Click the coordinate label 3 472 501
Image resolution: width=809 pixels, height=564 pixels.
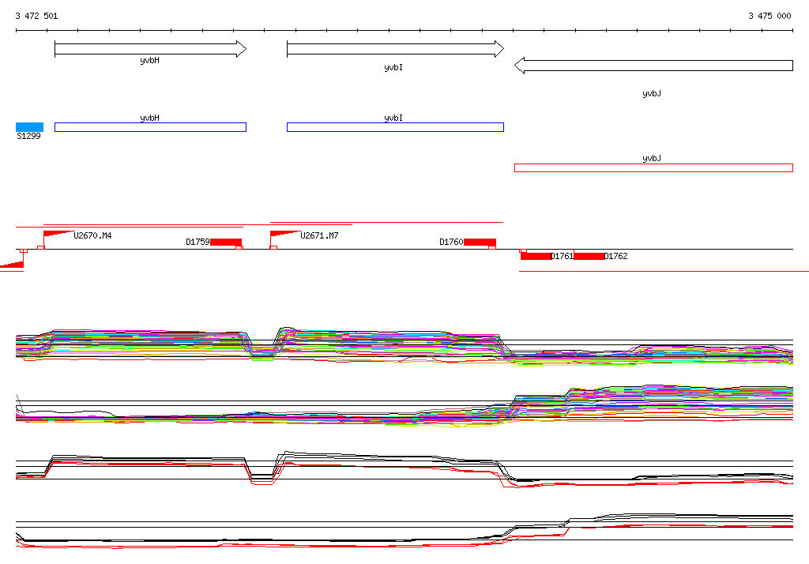(x=36, y=16)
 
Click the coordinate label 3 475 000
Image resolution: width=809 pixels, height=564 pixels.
(x=769, y=16)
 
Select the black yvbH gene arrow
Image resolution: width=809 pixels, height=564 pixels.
(x=150, y=49)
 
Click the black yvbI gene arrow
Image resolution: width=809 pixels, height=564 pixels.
(x=395, y=49)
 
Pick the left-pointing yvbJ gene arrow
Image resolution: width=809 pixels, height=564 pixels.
(x=653, y=66)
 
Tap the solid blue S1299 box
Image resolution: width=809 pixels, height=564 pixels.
(x=29, y=127)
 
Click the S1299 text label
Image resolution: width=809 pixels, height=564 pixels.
(x=29, y=136)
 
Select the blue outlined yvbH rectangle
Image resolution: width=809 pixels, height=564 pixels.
(x=150, y=127)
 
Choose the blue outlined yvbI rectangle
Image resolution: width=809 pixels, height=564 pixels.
(x=395, y=127)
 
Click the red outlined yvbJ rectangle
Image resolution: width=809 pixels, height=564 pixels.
(x=653, y=167)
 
